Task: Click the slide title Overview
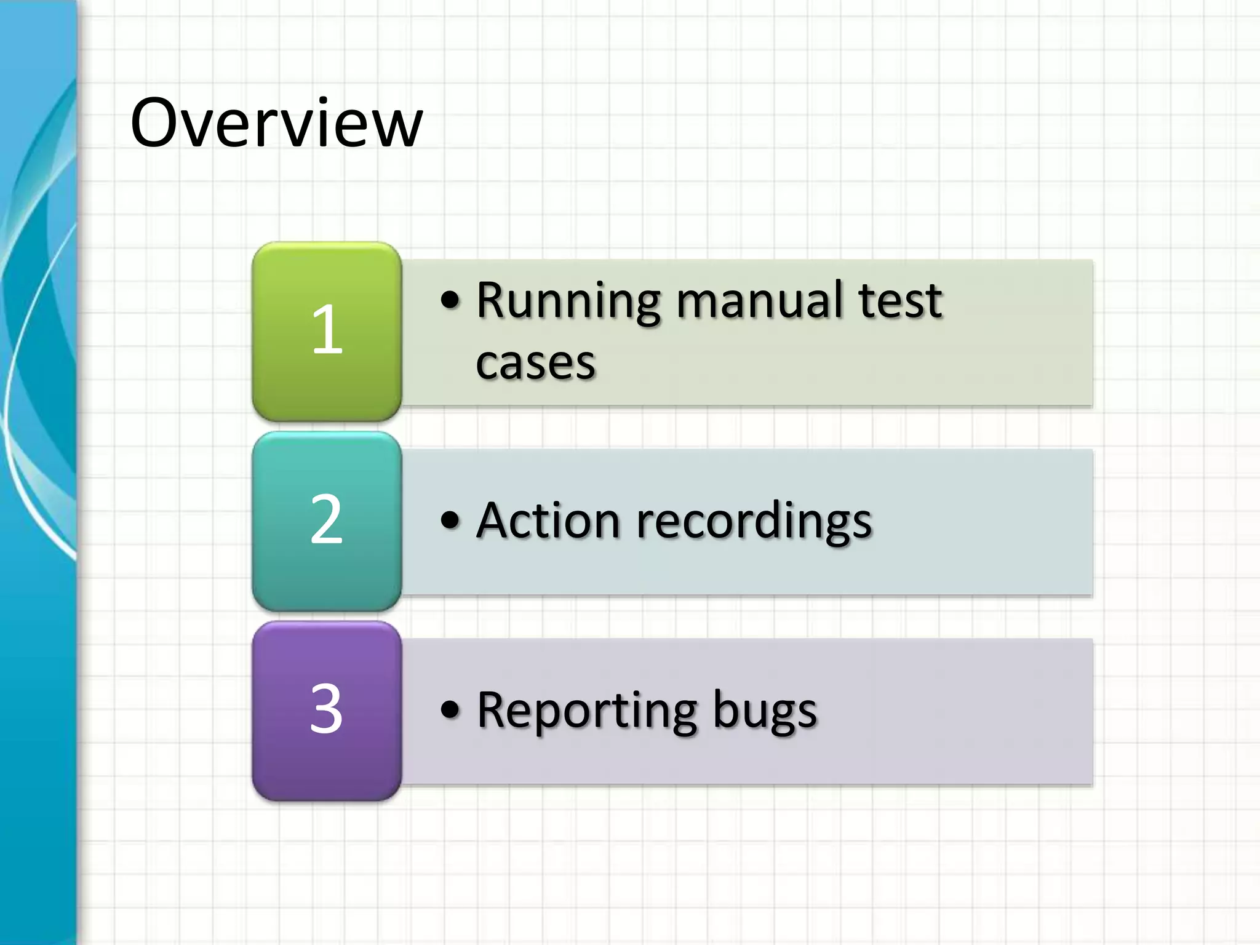276,123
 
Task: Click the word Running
569,301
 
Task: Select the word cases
535,363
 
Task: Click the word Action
548,520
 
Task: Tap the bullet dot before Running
450,300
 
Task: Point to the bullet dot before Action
450,520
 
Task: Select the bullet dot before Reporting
450,709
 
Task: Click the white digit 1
327,330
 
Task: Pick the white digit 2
326,519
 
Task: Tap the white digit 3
326,709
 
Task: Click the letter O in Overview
158,123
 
